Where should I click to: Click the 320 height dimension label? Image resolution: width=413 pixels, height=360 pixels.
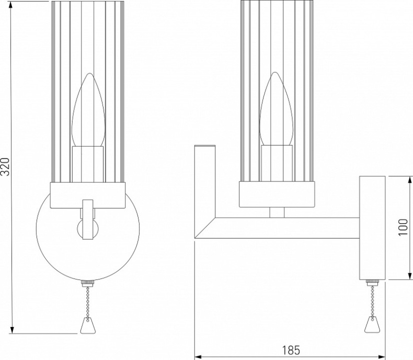5,167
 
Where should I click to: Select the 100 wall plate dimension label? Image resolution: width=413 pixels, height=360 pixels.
403,227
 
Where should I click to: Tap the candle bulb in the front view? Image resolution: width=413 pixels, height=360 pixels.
87,113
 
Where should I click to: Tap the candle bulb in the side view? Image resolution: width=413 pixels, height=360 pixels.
277,113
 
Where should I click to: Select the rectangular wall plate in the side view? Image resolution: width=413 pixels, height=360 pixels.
372,228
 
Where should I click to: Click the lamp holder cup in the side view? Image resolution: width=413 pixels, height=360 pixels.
277,193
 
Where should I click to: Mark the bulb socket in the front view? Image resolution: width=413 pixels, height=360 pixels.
87,163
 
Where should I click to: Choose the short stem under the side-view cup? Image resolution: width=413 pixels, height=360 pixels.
277,212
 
